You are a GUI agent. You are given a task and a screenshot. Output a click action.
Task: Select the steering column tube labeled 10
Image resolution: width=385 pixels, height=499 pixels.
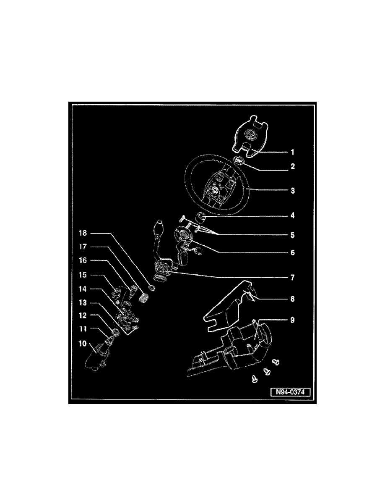click(x=96, y=356)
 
